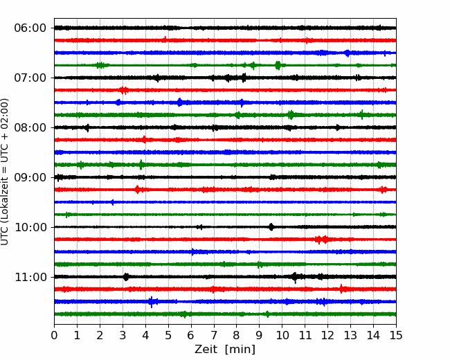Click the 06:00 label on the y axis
(x=30, y=28)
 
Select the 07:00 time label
(x=30, y=78)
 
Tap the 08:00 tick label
(x=30, y=127)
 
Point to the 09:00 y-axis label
(x=30, y=177)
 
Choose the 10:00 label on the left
(x=30, y=227)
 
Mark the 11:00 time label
(x=30, y=277)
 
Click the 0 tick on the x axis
(x=54, y=335)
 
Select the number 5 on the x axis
(x=168, y=335)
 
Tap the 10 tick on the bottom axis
(x=282, y=335)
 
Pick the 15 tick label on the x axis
(x=396, y=335)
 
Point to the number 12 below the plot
(x=327, y=335)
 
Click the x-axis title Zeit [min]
(x=225, y=349)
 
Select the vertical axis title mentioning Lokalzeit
(x=5, y=172)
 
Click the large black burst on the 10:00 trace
(x=271, y=227)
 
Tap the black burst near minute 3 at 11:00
(x=126, y=277)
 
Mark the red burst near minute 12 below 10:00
(x=322, y=240)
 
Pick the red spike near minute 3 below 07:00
(x=124, y=91)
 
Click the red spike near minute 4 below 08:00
(x=144, y=140)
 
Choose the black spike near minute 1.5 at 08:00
(x=87, y=127)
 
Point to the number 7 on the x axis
(x=214, y=335)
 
